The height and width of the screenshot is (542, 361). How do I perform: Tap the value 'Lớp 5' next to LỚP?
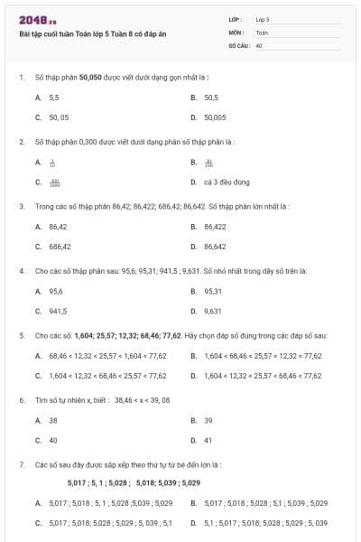coord(263,19)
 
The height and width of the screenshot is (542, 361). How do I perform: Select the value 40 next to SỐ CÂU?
coord(258,44)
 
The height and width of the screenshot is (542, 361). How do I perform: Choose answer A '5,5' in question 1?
coord(54,97)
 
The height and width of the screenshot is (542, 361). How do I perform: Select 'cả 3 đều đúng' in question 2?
coord(227,182)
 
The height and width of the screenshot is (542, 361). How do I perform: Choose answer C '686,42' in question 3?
coord(60,246)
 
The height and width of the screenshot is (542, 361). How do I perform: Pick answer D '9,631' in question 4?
coord(213,311)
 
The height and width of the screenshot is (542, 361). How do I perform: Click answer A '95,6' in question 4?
coord(56,291)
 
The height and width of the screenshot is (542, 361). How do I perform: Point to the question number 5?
coord(21,335)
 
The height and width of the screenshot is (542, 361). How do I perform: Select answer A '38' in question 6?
coord(53,420)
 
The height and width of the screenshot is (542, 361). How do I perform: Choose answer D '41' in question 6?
coord(208,440)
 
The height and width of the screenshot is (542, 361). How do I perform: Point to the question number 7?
coord(21,464)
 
